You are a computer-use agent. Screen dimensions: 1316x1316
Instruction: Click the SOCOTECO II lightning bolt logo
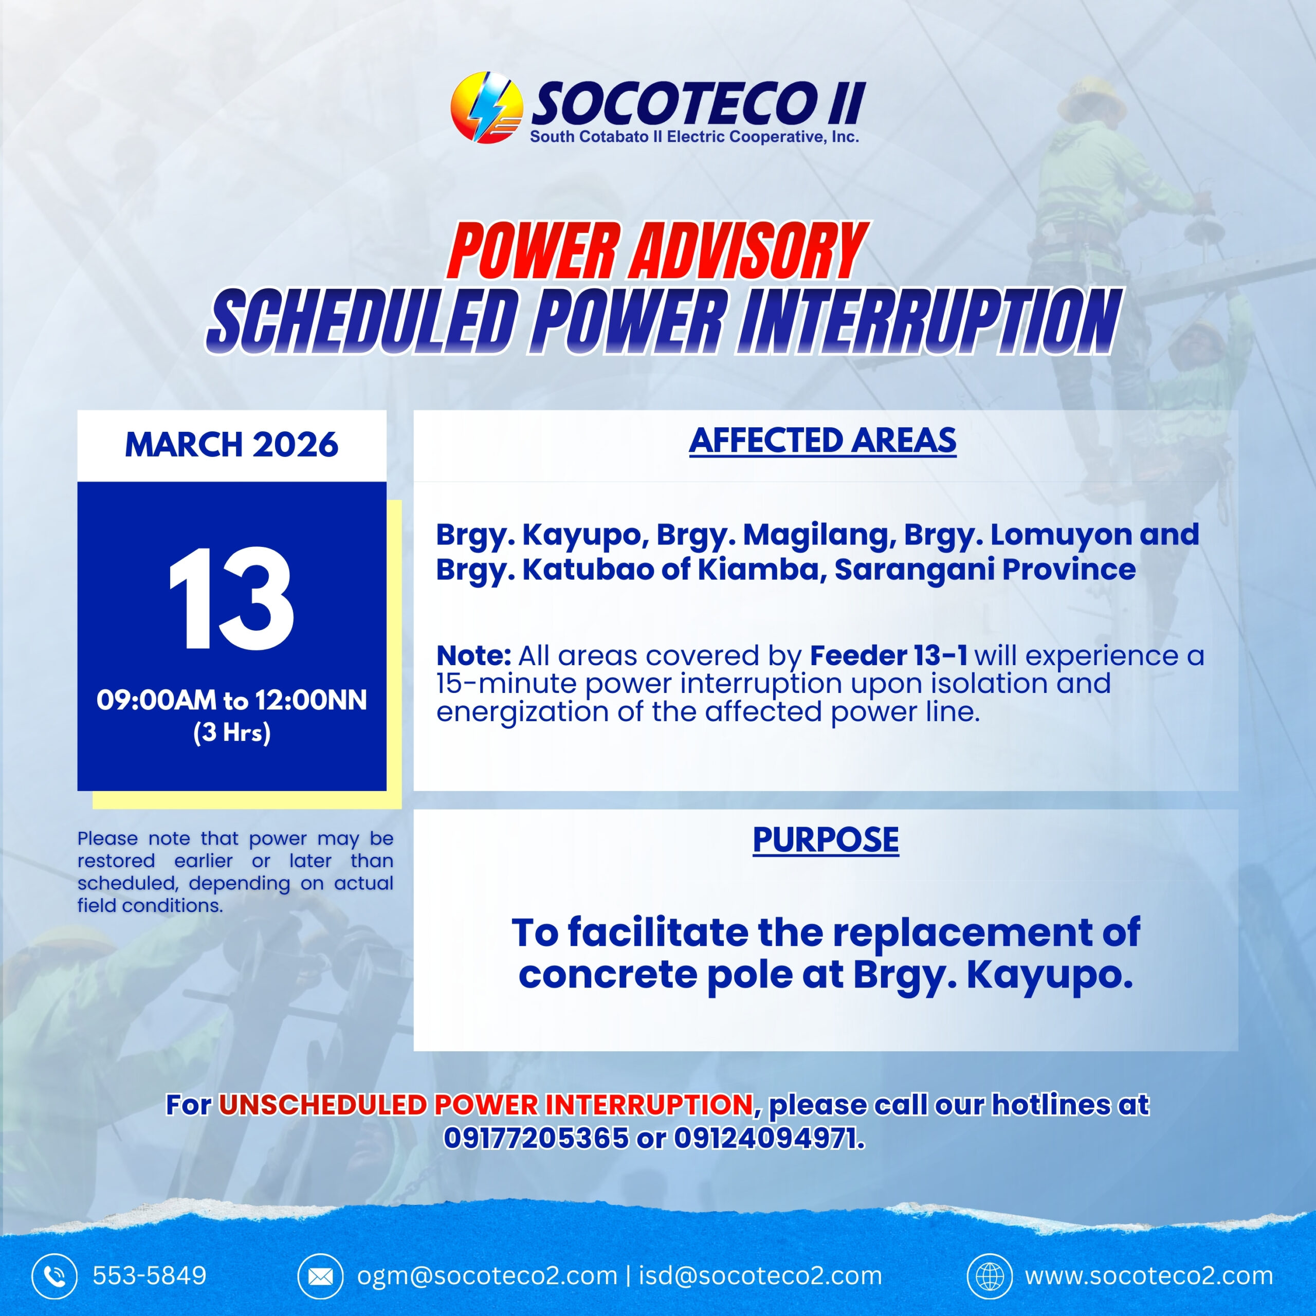click(x=486, y=107)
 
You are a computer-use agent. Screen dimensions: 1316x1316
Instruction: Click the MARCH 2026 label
click(x=232, y=445)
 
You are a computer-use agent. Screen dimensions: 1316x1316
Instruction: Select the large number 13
click(x=232, y=599)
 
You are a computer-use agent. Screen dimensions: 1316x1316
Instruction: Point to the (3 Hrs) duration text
click(x=232, y=732)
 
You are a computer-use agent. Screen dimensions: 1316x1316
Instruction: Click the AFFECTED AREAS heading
click(x=823, y=441)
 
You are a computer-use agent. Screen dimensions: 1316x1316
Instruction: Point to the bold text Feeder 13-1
click(x=888, y=655)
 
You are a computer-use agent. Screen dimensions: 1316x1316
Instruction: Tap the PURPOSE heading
click(x=826, y=840)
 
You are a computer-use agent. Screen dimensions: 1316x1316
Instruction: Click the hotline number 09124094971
click(x=770, y=1138)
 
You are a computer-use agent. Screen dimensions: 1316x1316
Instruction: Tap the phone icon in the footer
click(x=55, y=1276)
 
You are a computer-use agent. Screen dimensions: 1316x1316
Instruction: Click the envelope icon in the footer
click(x=320, y=1276)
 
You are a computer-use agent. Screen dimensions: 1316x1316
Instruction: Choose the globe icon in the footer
click(x=990, y=1276)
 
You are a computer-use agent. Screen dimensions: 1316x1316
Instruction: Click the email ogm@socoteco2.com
click(x=487, y=1276)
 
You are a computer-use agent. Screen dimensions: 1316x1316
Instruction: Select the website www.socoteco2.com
click(x=1149, y=1276)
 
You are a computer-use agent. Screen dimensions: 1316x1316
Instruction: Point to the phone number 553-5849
click(x=149, y=1276)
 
